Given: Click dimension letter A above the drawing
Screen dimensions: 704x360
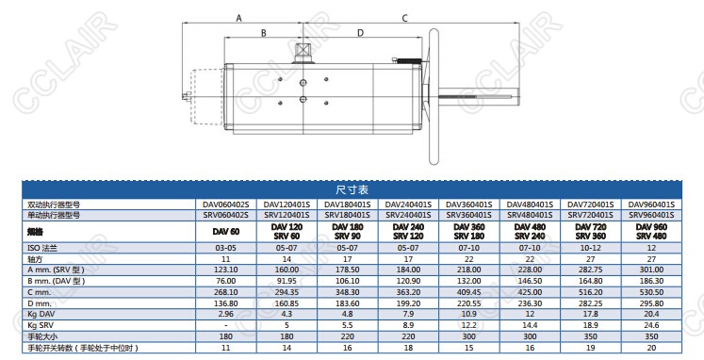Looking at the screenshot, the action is pos(238,18).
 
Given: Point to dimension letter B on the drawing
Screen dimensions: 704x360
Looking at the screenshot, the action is pos(264,33).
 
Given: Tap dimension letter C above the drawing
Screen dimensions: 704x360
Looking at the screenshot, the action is pos(404,19).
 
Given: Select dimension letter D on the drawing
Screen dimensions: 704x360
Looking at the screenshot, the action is pos(360,33).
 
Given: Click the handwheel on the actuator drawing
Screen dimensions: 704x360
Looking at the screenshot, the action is pos(434,96).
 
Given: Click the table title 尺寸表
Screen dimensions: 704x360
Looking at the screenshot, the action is pos(352,189).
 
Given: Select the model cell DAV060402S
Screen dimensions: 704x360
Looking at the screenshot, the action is pos(226,205).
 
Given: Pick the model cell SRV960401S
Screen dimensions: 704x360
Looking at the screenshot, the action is pos(651,215).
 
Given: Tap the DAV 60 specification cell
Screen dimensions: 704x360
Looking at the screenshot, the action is pos(226,232).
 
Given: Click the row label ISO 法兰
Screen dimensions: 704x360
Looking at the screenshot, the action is pos(42,248).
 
